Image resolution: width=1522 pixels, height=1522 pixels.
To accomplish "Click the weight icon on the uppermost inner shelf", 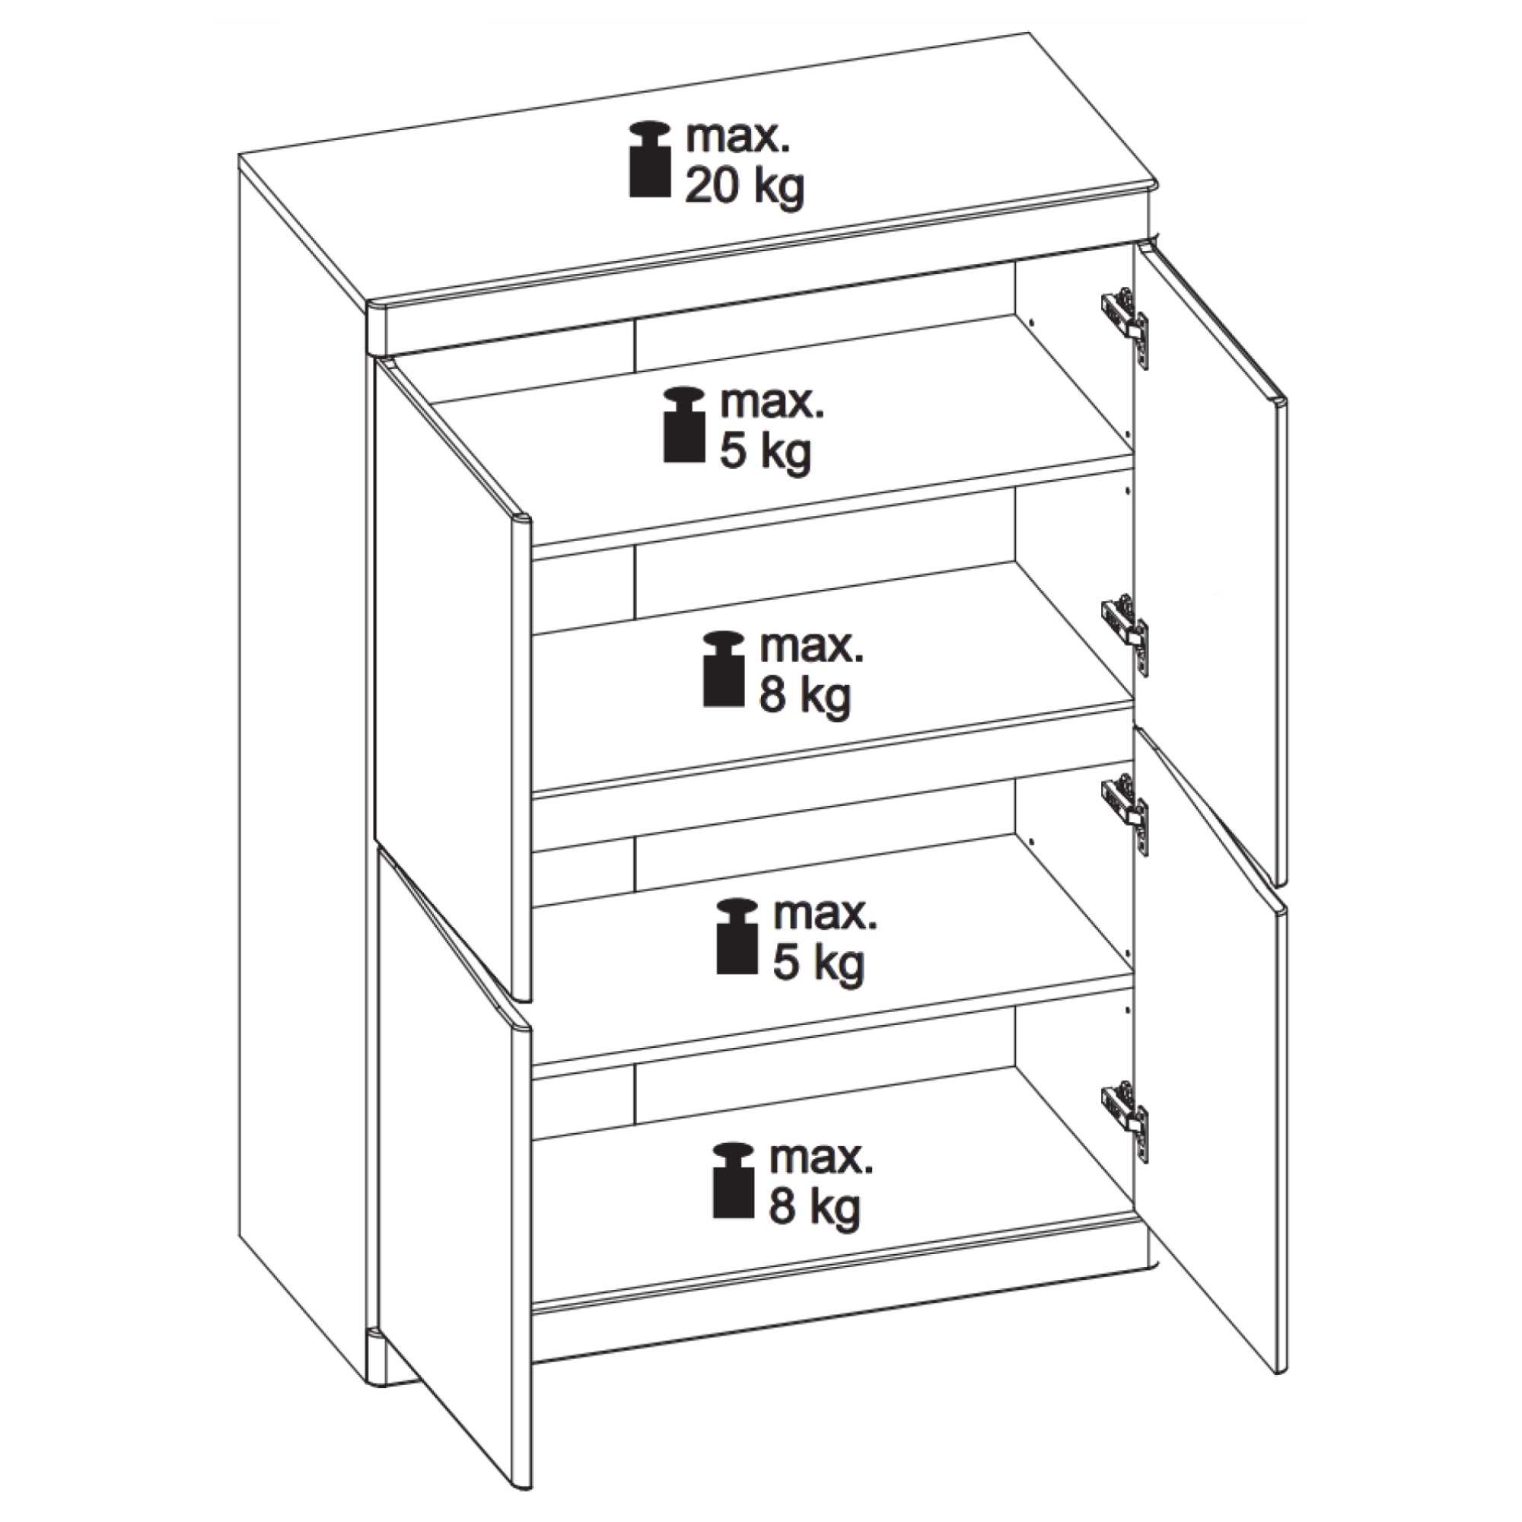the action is (684, 424).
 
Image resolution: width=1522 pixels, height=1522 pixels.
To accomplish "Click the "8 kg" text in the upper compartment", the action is (805, 698).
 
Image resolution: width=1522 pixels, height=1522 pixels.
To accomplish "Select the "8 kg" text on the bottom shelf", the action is (814, 1208).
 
